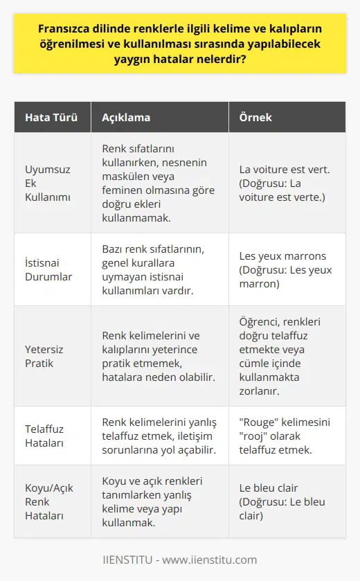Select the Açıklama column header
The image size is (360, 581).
coord(123,118)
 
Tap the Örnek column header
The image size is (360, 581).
coord(256,118)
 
